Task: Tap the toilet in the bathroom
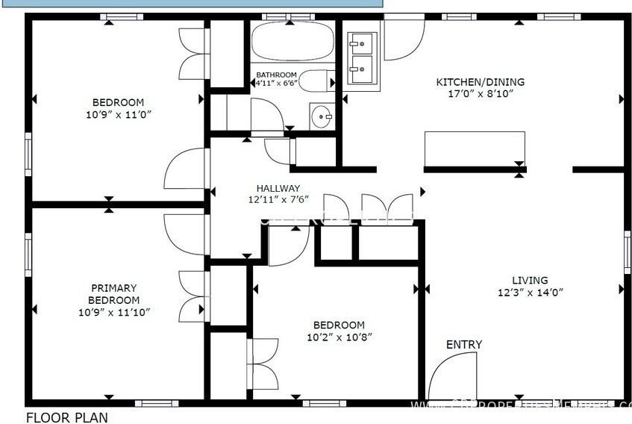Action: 318,80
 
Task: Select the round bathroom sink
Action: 322,116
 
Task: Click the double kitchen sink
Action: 363,59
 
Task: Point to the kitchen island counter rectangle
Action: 475,149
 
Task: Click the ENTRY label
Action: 464,344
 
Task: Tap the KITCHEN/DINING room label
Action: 480,82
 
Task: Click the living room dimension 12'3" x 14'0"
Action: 531,292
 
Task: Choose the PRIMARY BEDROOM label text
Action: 114,293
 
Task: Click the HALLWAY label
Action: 278,188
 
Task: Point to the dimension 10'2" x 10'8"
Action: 339,337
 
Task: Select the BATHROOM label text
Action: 276,75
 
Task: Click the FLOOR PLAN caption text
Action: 66,417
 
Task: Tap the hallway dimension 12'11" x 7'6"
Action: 278,200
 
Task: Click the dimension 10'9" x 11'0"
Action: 118,114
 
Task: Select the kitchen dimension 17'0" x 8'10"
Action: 480,93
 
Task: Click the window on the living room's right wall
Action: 627,252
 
